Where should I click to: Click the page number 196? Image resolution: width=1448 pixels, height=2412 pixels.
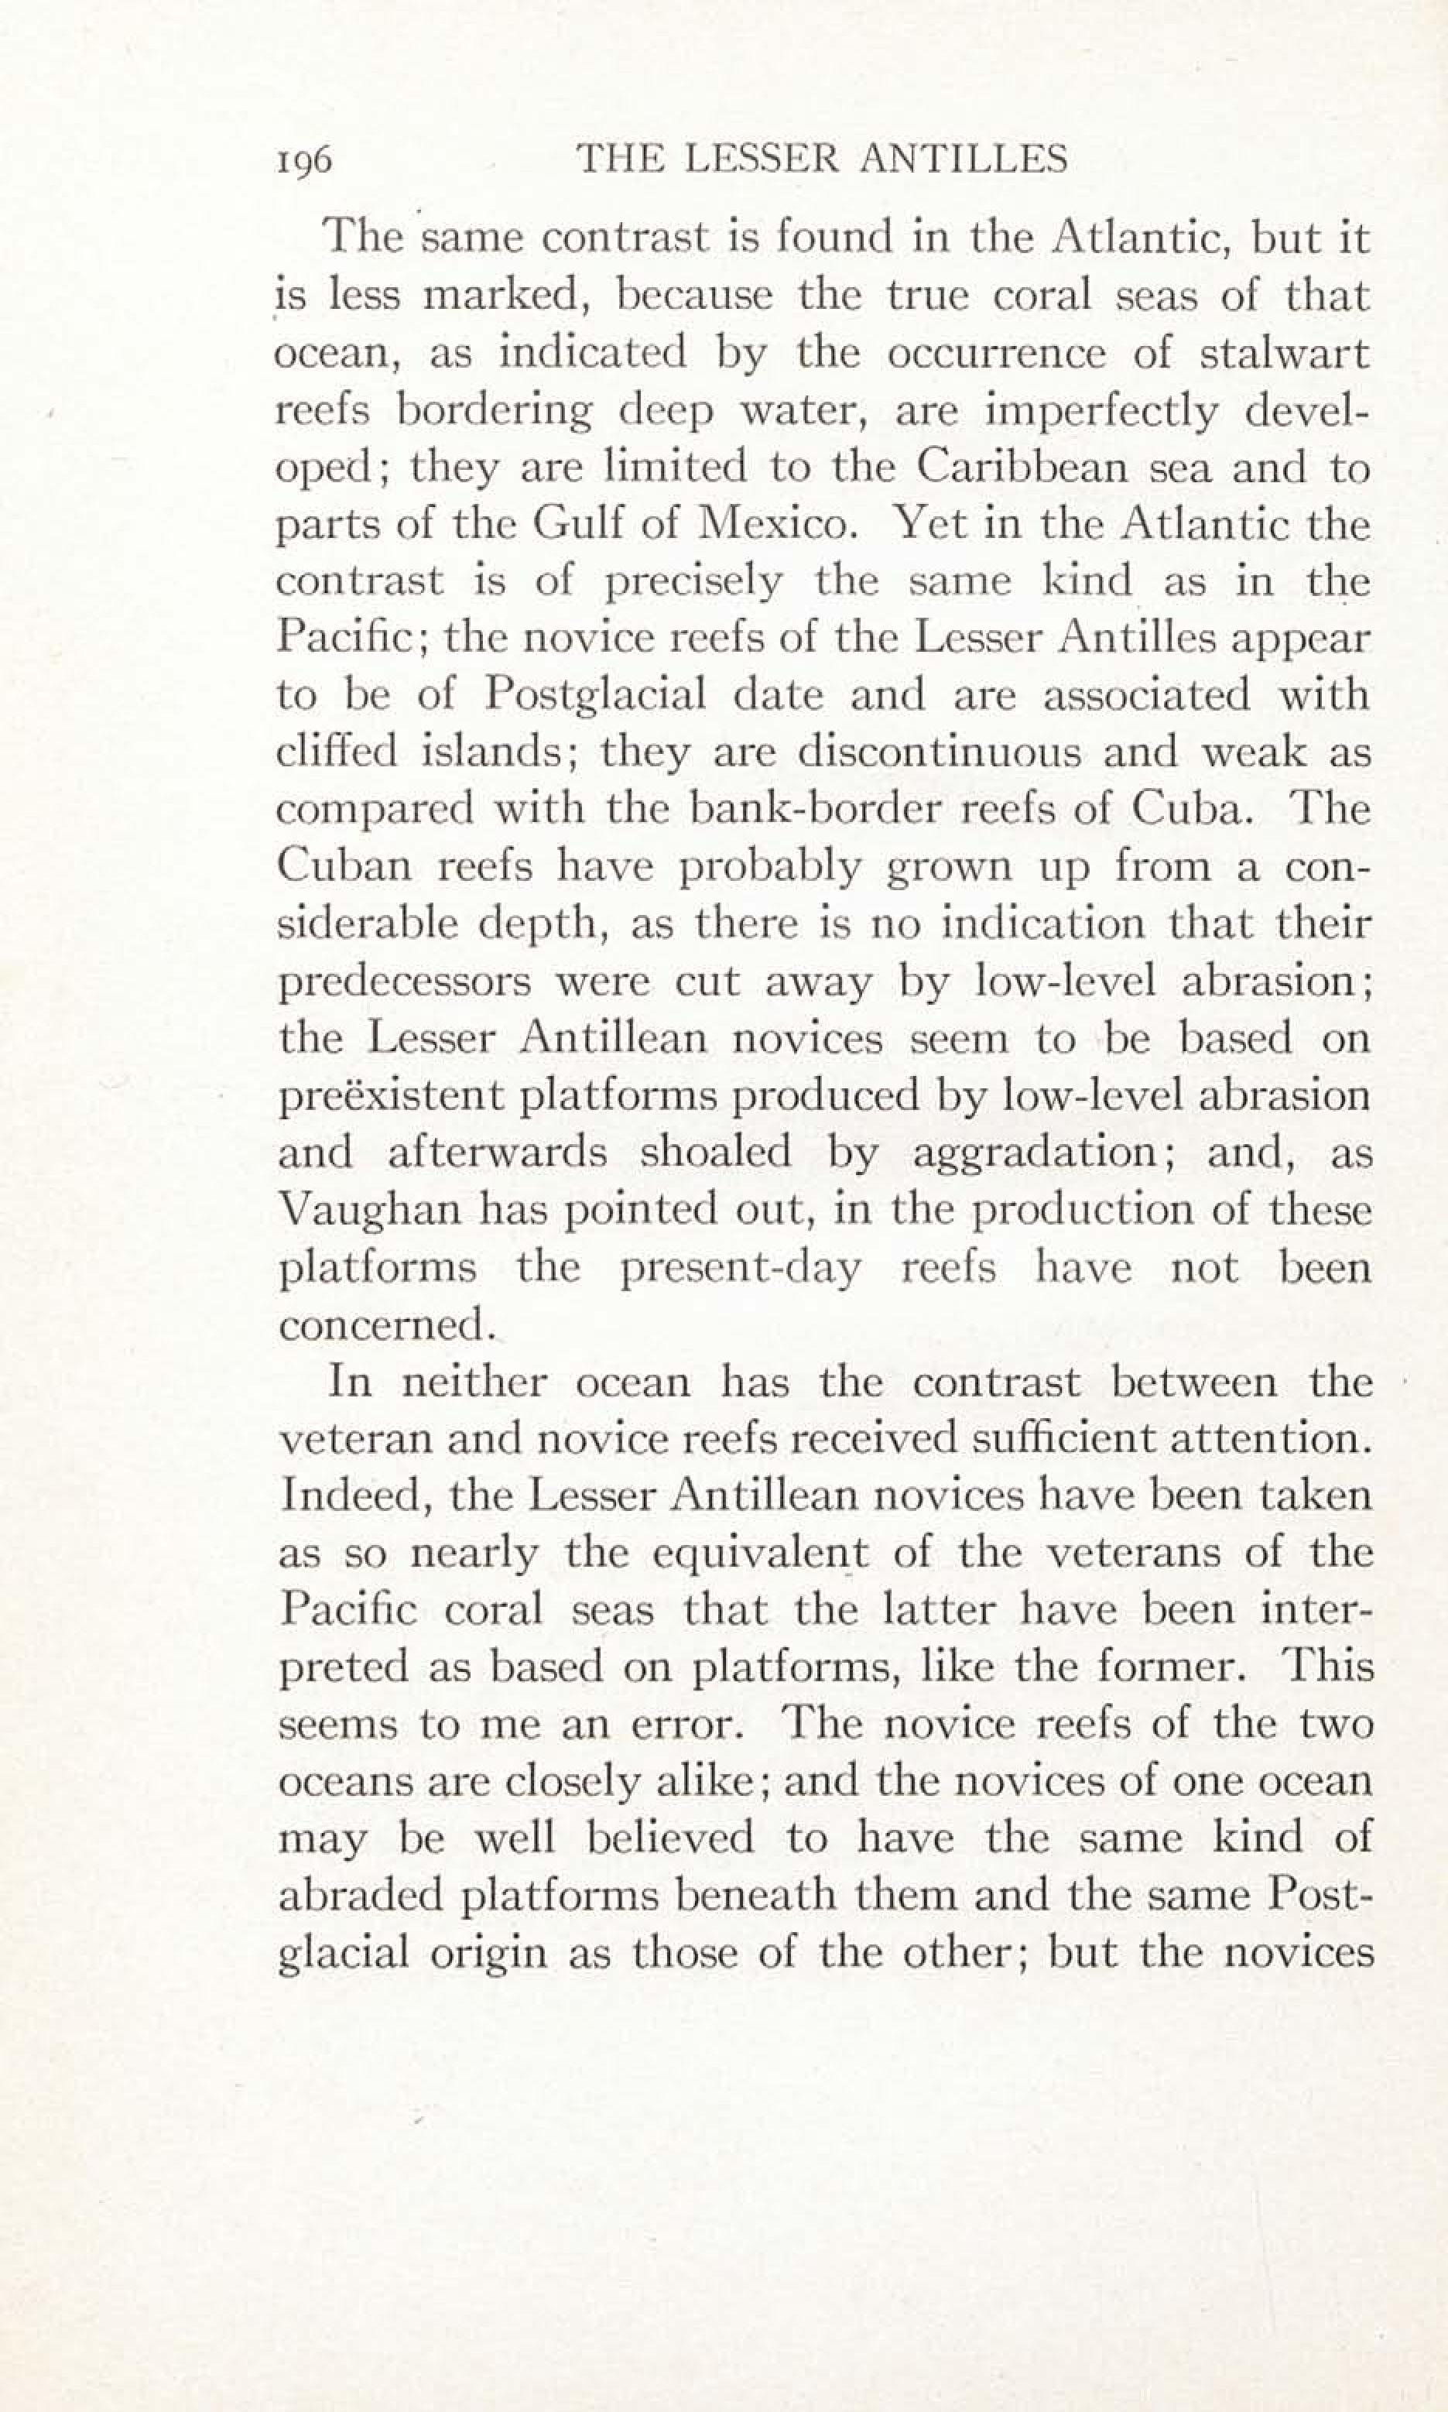point(304,159)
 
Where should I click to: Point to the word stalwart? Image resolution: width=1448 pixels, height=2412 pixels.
point(1285,353)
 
